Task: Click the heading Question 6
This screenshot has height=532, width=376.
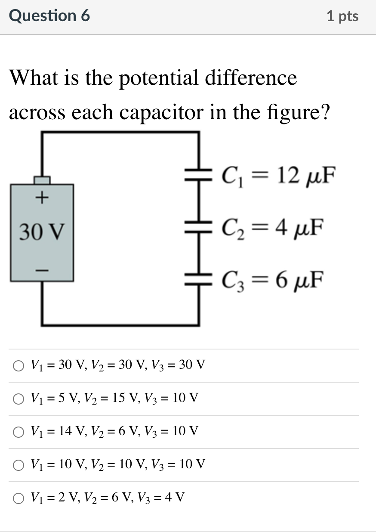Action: coord(49,16)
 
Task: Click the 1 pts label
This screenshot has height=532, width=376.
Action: coord(342,16)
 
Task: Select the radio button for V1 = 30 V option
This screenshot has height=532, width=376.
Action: coord(18,366)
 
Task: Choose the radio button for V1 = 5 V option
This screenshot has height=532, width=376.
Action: coord(18,399)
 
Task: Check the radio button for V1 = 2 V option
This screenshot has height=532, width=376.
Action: coord(18,498)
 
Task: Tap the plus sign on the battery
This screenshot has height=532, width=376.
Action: coord(42,198)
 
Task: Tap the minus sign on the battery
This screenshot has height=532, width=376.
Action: coord(42,270)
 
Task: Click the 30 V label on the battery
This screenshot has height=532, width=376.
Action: coord(42,233)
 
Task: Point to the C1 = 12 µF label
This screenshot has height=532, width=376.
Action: coord(277,176)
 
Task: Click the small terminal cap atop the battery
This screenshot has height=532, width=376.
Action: coord(42,179)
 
